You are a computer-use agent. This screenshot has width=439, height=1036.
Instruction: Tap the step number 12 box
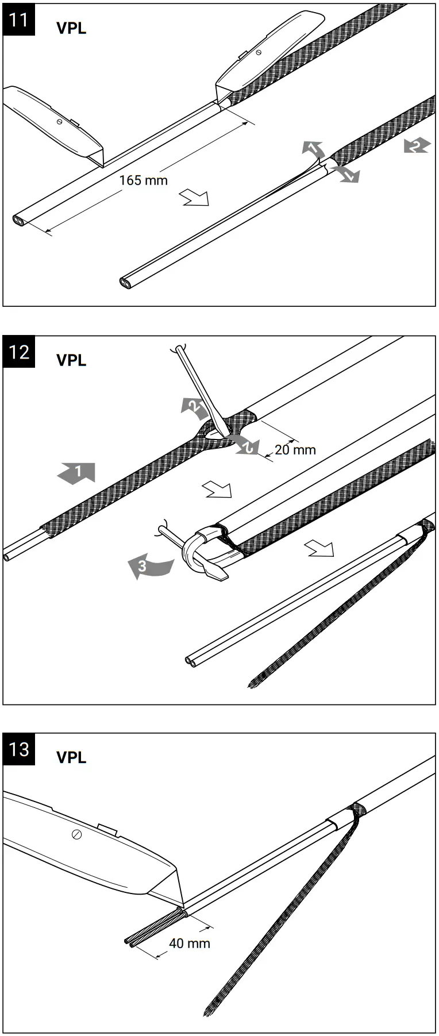click(19, 351)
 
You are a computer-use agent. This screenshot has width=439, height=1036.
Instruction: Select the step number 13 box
click(19, 749)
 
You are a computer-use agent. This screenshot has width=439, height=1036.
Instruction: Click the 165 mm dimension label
click(144, 180)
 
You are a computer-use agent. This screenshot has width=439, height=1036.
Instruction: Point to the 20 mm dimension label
click(295, 449)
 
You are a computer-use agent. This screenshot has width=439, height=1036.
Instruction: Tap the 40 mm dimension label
click(190, 943)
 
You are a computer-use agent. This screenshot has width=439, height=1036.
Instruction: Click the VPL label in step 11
click(71, 28)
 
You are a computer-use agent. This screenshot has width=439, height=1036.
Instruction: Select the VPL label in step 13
click(71, 757)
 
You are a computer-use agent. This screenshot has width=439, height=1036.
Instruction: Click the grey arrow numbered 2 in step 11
click(416, 145)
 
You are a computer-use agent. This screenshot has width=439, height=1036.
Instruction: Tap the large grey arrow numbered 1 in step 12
click(76, 472)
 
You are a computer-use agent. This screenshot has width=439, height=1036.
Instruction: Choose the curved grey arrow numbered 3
click(148, 566)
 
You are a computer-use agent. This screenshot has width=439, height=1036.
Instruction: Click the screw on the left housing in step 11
click(60, 121)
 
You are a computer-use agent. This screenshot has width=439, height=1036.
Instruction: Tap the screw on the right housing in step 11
click(259, 52)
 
